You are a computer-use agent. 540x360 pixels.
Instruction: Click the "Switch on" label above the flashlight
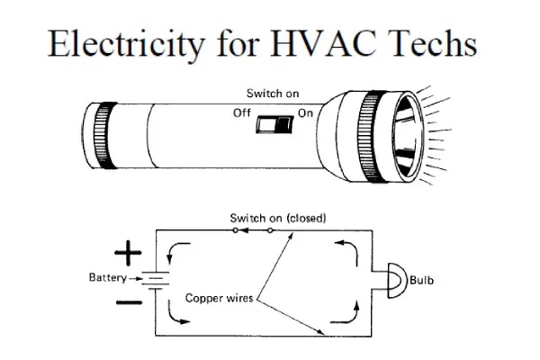pos(272,94)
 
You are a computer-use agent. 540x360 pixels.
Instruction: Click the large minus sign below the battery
pos(129,307)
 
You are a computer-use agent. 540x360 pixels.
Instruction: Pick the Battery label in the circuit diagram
pos(107,277)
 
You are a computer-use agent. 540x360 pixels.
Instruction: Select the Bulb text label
pos(422,281)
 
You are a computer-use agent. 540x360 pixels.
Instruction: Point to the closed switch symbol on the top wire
pos(254,230)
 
